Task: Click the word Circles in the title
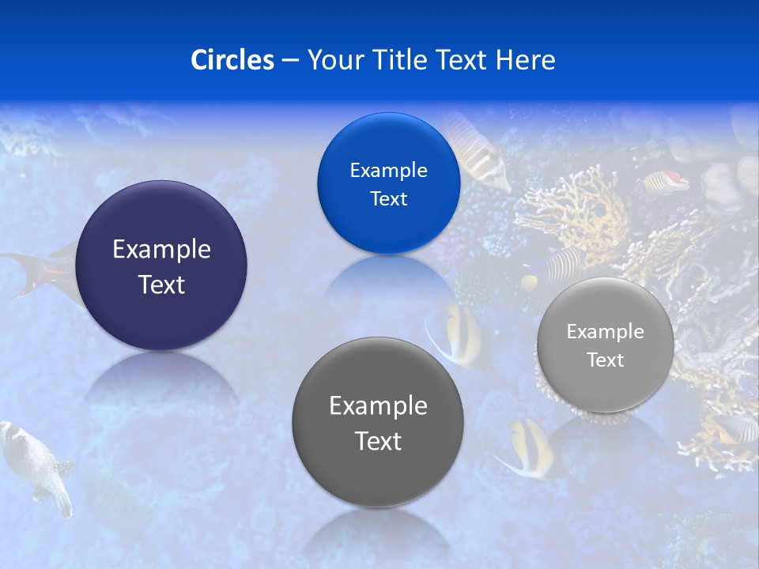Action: (232, 60)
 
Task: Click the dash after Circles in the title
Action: (290, 61)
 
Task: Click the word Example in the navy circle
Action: (161, 250)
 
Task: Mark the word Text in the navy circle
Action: (161, 284)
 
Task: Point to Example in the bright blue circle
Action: (389, 171)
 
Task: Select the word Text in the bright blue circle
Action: (389, 198)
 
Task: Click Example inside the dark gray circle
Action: (378, 406)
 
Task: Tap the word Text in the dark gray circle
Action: (378, 441)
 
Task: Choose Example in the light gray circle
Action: (606, 332)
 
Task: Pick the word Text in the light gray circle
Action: (606, 360)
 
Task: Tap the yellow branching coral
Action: (581, 205)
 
